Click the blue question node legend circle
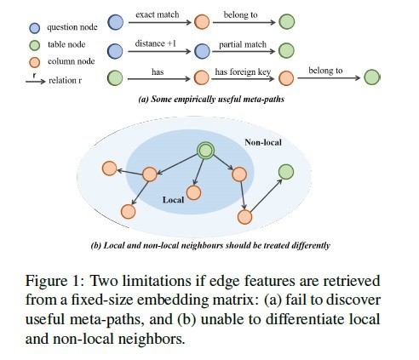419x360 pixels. (35, 28)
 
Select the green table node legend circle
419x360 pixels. (35, 45)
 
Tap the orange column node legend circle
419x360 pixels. (35, 62)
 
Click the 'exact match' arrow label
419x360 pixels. (158, 14)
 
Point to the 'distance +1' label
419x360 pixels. (155, 43)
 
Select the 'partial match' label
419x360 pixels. (243, 45)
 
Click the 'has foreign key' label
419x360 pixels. (243, 72)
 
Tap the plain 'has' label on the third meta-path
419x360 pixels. (158, 71)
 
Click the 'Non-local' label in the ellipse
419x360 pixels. (263, 142)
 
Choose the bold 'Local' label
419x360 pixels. (173, 200)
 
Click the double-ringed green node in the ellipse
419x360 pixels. (205, 151)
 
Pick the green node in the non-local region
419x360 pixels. (286, 172)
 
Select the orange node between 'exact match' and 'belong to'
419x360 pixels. (202, 22)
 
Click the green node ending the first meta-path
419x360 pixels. (286, 21)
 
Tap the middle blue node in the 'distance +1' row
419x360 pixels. (202, 51)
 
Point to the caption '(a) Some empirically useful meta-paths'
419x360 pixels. (211, 99)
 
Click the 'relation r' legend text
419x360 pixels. (65, 81)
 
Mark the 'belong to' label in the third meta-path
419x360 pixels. (325, 71)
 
